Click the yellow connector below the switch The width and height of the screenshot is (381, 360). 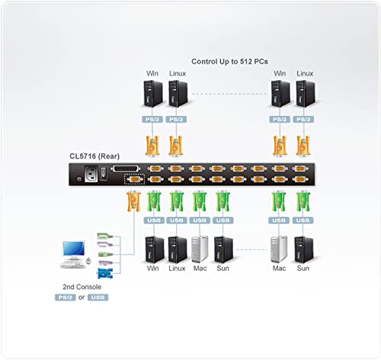133,202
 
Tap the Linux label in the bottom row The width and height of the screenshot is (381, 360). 177,268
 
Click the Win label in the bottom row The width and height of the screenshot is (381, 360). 153,268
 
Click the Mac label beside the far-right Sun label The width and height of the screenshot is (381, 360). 279,268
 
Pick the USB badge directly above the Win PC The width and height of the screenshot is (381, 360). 153,220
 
